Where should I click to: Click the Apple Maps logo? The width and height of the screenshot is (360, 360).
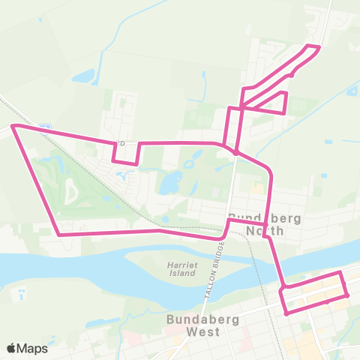[27, 347]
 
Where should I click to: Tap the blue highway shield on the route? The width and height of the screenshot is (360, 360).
[45, 127]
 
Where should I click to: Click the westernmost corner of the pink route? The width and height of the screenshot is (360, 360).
[12, 127]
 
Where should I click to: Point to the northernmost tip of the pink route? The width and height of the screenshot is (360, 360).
[319, 47]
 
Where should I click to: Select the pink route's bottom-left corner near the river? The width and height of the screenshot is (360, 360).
[59, 235]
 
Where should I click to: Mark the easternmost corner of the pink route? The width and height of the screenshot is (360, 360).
[348, 295]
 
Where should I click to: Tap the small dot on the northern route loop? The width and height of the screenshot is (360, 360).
[291, 74]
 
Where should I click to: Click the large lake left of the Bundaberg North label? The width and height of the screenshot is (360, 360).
[172, 182]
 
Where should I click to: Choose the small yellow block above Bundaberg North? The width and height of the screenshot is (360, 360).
[259, 187]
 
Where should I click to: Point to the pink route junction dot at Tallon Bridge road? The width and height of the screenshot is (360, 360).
[235, 152]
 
